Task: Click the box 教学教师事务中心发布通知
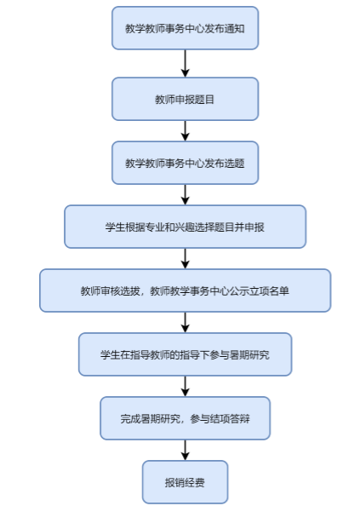point(185,28)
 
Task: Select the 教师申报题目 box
point(185,99)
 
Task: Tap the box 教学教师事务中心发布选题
point(185,163)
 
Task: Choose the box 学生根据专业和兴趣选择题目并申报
point(185,227)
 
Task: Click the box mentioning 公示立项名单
point(185,290)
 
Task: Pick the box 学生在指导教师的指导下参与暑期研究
point(185,354)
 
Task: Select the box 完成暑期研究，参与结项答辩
point(185,418)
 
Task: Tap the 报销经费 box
point(185,482)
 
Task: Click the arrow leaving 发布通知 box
point(185,63)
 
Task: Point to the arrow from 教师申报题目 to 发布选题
point(185,131)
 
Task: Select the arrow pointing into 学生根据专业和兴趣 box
point(185,195)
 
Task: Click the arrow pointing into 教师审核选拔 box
point(185,258)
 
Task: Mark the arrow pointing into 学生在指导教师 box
point(185,323)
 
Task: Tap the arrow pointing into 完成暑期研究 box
point(185,386)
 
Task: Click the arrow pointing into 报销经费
point(185,450)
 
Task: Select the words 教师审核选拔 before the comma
point(111,291)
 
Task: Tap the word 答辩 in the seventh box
point(240,419)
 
